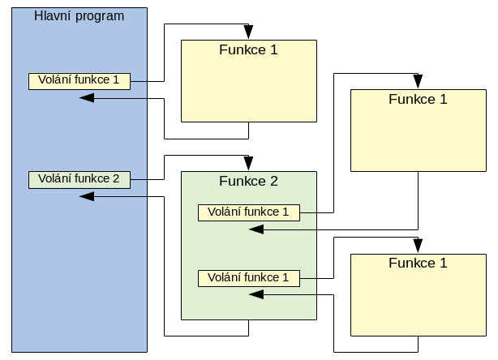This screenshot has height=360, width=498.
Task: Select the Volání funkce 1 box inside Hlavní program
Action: [79, 80]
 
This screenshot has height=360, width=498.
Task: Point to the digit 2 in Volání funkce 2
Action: [116, 178]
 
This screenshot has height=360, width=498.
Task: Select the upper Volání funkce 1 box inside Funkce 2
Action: [248, 212]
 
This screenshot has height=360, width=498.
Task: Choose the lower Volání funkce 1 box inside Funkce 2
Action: [248, 278]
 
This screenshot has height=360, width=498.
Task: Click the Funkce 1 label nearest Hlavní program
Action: [248, 49]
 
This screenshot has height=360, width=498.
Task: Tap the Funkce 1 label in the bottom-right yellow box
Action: [418, 263]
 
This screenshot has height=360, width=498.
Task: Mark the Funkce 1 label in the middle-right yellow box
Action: [418, 100]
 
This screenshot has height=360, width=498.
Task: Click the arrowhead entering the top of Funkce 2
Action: [248, 165]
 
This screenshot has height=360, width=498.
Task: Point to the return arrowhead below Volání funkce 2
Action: [87, 196]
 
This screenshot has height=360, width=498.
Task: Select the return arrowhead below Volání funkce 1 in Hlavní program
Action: [87, 98]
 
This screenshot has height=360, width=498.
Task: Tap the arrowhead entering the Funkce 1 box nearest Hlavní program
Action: [248, 33]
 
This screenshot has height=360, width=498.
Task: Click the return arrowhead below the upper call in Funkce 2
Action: [256, 229]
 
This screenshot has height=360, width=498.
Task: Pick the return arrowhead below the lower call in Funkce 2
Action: [256, 295]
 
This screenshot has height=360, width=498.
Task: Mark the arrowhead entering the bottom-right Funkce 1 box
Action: [418, 246]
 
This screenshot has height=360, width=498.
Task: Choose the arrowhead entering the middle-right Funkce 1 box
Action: [418, 83]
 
